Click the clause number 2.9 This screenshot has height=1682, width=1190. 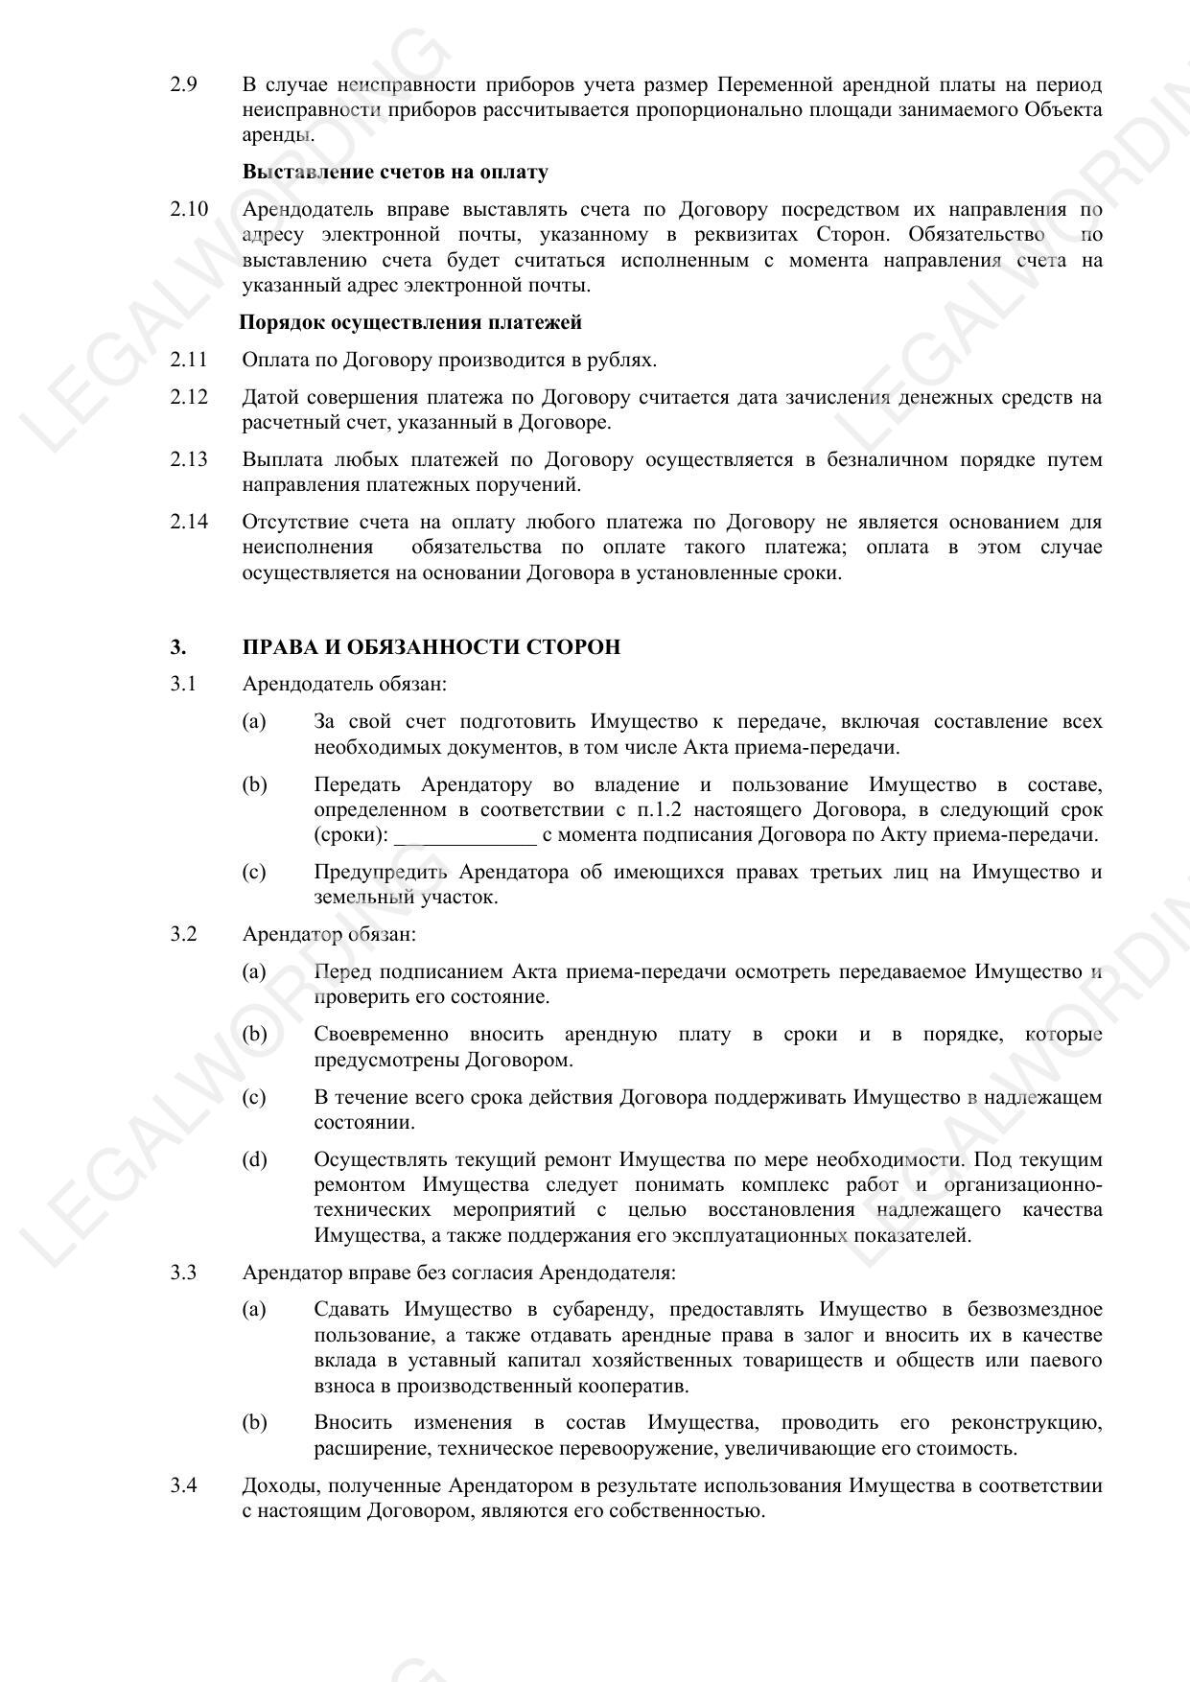(184, 84)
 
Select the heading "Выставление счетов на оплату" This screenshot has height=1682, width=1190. (395, 172)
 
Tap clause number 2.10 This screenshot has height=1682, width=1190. (189, 209)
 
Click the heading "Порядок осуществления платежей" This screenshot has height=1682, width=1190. (409, 322)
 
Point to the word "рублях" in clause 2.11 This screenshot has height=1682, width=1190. (624, 360)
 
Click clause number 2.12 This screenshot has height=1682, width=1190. (189, 397)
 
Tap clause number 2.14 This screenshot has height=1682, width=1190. (189, 522)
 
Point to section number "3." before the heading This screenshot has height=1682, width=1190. (178, 647)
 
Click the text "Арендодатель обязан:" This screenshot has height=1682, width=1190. (344, 685)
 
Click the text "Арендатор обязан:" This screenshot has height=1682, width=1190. (329, 934)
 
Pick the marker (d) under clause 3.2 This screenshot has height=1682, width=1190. (254, 1159)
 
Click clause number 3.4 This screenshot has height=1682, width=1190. (184, 1485)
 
